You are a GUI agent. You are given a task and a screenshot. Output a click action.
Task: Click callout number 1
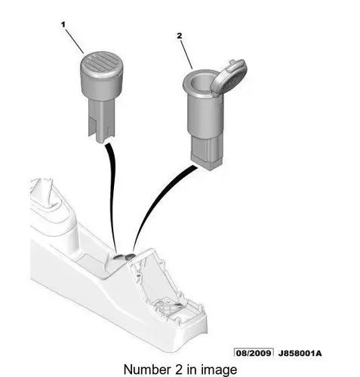coord(63,25)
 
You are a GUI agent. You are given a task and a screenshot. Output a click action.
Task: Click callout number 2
coord(179,35)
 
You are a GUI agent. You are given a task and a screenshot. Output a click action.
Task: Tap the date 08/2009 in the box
coord(254,353)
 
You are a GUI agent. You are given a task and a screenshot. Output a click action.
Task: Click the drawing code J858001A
coord(300,353)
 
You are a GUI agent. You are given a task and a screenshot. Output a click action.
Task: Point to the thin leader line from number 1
coord(75,41)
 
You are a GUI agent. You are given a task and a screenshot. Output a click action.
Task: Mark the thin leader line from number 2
coord(186,54)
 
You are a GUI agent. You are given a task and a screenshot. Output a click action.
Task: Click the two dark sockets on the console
coord(123,256)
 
